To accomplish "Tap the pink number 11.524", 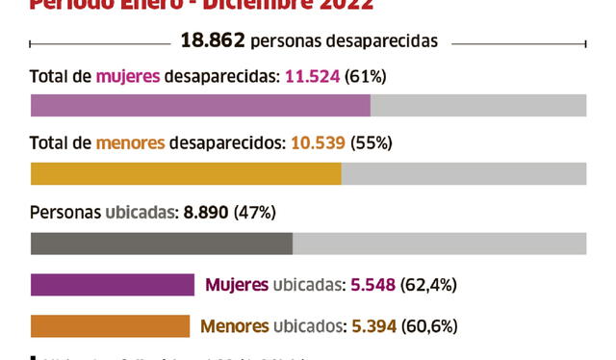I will point(313,76).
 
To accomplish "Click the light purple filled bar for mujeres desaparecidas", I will point(200,105).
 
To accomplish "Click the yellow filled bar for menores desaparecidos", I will point(186,173).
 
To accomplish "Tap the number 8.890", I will point(204,212).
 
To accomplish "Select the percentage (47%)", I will point(255,212).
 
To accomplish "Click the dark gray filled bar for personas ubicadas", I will point(162,243).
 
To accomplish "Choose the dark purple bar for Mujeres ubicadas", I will point(113,285).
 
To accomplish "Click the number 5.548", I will point(374,285).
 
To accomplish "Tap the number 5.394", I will point(373,325).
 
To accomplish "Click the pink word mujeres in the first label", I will point(128,76).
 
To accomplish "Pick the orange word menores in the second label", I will point(130,143).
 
